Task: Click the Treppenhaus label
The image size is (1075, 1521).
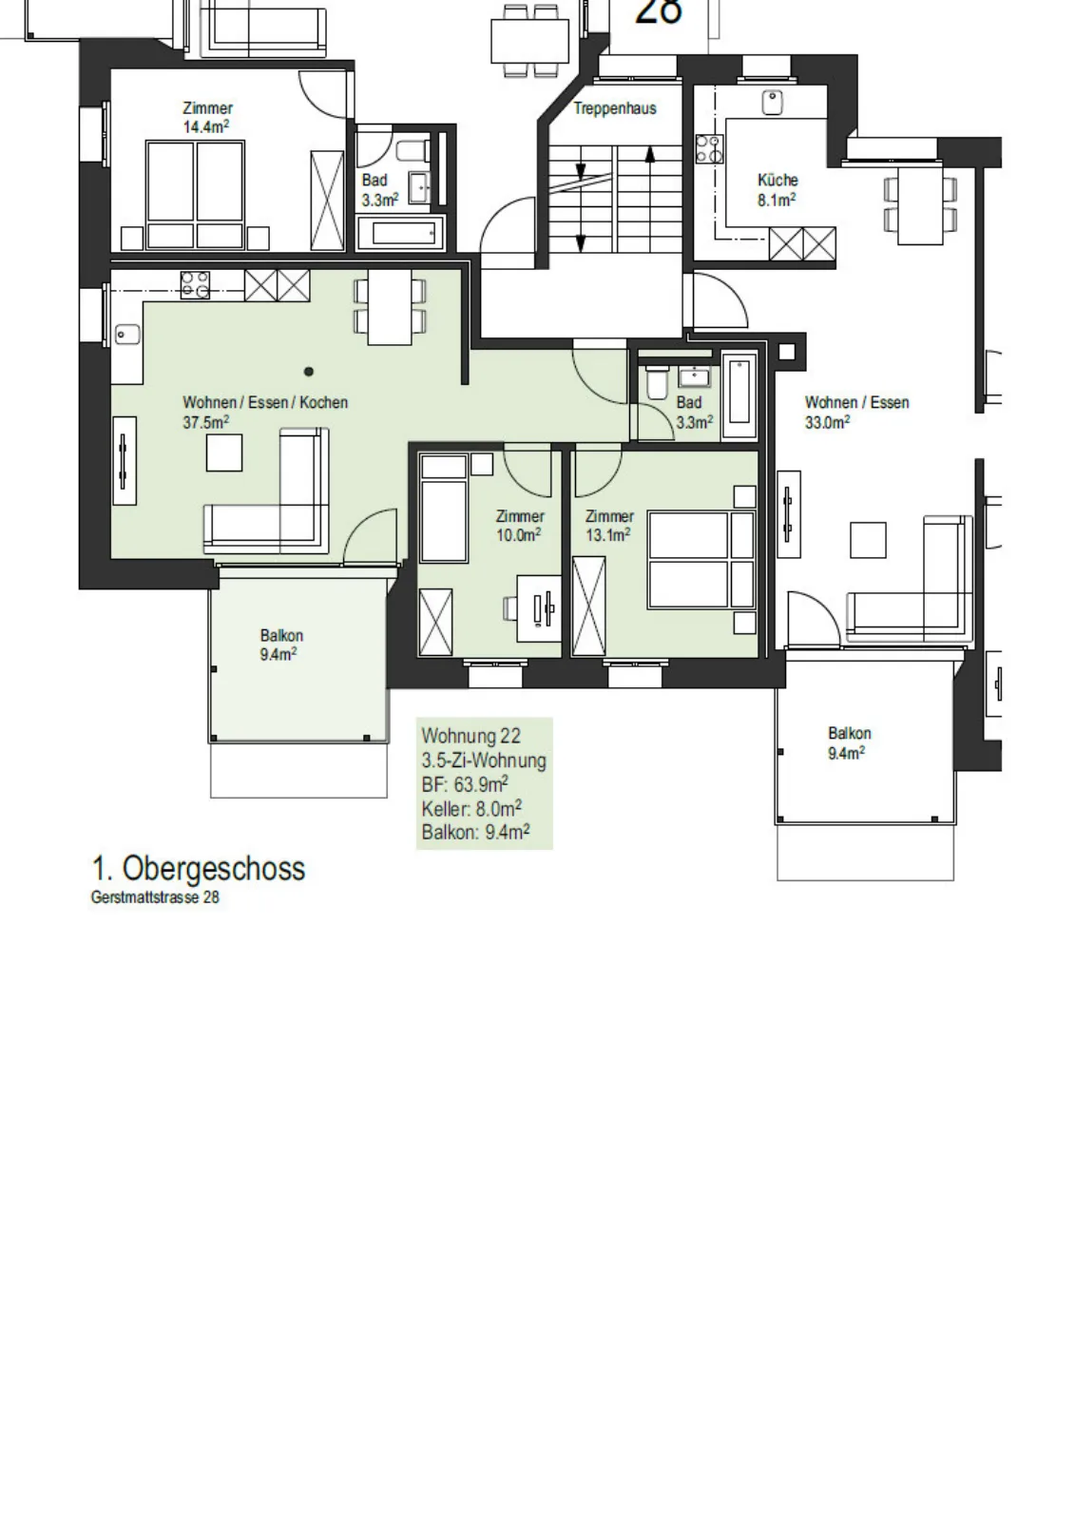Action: point(615,108)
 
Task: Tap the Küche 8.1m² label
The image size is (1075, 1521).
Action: point(777,190)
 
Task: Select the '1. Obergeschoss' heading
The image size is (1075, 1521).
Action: point(199,869)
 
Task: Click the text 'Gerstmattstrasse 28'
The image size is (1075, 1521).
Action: point(155,897)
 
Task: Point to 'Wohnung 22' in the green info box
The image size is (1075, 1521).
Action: point(470,736)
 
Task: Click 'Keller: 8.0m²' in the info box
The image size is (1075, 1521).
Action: point(471,808)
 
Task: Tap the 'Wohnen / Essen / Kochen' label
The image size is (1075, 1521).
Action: point(265,403)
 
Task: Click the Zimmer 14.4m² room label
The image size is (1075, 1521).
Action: point(207,118)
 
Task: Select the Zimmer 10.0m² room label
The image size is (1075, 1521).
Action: point(520,526)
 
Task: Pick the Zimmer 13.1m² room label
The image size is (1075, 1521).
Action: point(609,526)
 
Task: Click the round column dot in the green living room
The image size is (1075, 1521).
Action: point(309,372)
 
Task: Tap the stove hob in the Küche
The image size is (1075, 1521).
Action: point(709,149)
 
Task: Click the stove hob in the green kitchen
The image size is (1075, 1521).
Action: point(195,285)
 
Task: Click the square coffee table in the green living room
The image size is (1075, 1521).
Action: point(224,452)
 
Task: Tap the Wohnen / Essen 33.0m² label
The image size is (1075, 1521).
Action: point(856,413)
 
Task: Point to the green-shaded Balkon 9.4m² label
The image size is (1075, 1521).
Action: point(280,645)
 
